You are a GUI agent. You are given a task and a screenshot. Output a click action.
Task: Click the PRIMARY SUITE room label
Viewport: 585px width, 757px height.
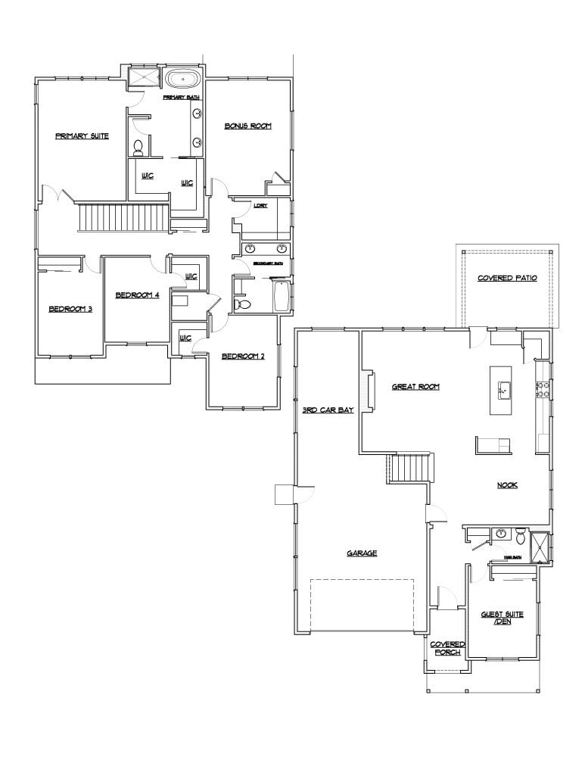[82, 136]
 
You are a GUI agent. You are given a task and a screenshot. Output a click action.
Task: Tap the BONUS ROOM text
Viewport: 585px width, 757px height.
[247, 126]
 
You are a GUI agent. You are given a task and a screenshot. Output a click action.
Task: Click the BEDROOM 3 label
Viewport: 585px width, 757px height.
[70, 309]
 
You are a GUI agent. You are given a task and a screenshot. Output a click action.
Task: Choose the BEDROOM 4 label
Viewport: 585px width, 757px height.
[137, 295]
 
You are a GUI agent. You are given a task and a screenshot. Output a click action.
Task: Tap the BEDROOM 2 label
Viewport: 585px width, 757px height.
[242, 357]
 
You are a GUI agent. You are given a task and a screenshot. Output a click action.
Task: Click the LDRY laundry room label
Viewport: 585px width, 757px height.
[260, 207]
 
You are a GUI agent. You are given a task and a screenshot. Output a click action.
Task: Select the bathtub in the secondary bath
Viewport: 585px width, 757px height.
[282, 296]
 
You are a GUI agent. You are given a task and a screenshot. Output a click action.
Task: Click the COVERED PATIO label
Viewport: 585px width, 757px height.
[507, 279]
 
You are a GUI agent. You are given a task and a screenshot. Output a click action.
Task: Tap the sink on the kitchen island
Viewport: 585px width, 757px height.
[503, 390]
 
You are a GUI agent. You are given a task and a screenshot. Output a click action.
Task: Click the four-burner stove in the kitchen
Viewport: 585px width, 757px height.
[543, 390]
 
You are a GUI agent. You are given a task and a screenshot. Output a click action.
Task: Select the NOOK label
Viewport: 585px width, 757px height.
[507, 485]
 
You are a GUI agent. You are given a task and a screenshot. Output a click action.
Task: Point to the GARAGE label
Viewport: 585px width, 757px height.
[362, 553]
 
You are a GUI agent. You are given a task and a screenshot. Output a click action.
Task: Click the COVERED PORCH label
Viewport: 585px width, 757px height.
[447, 648]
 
